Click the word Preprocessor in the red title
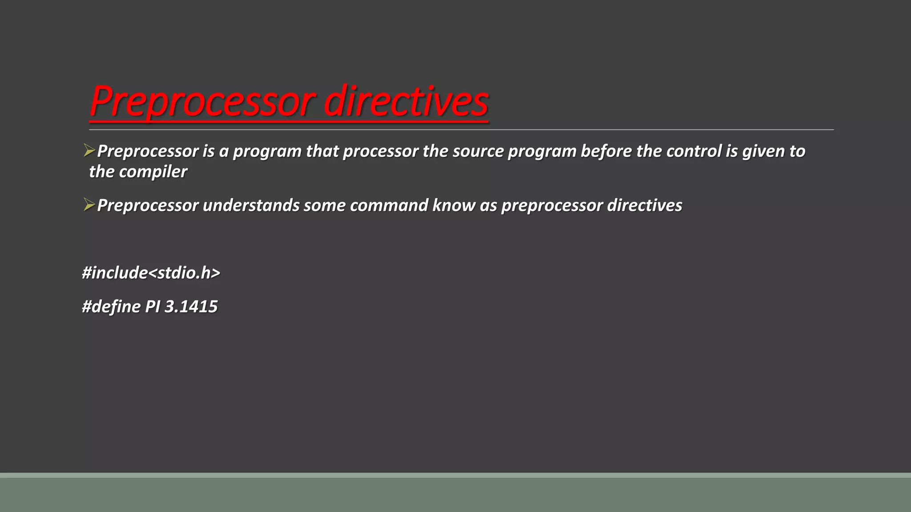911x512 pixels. (x=202, y=101)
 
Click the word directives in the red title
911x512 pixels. (x=406, y=101)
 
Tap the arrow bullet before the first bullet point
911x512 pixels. (x=89, y=151)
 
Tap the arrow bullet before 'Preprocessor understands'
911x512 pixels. (x=89, y=205)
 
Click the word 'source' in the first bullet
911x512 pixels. (x=478, y=152)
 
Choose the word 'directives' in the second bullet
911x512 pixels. (x=645, y=205)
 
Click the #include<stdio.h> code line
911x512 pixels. (x=151, y=273)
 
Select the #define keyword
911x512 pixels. (x=111, y=307)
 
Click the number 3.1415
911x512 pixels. (x=191, y=307)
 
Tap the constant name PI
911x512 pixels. (x=153, y=307)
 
